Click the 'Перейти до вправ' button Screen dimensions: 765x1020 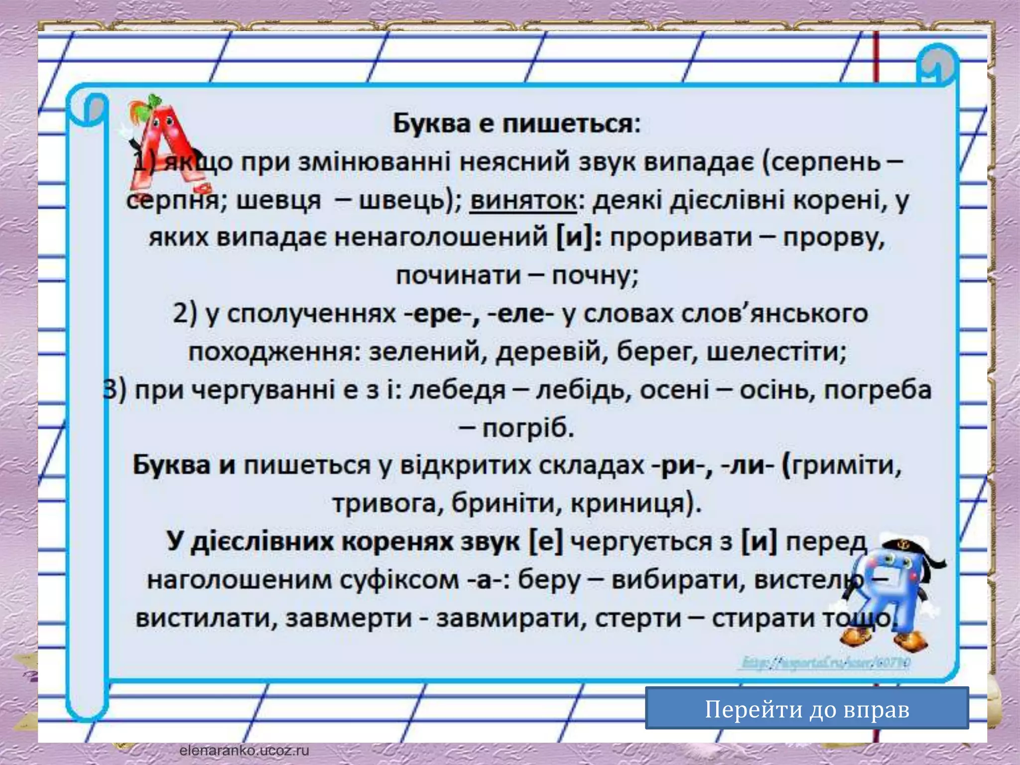[807, 709]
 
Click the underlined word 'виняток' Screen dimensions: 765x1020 [523, 200]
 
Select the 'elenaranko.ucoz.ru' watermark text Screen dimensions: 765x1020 [244, 751]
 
